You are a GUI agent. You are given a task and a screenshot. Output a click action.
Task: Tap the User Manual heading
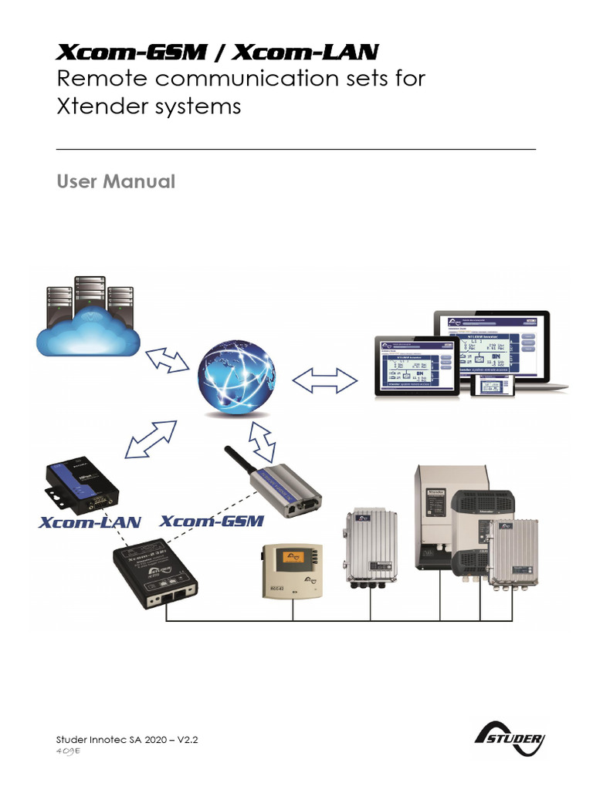coord(116,181)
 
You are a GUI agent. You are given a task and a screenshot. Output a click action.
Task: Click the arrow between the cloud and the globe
coord(167,360)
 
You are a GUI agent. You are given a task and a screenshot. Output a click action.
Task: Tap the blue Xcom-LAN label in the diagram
coord(90,522)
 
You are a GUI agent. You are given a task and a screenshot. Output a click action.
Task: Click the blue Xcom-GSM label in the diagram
coord(213,521)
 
